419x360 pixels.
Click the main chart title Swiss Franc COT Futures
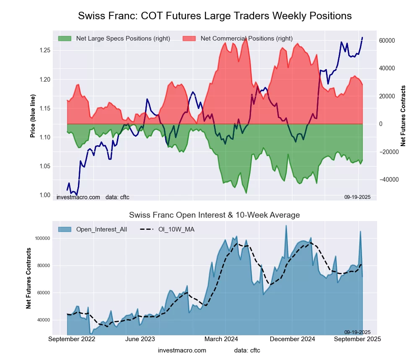(215, 16)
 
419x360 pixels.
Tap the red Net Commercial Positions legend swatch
(189, 39)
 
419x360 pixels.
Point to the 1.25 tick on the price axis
(44, 50)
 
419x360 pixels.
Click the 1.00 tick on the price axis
(44, 195)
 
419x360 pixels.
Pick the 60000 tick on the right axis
(387, 41)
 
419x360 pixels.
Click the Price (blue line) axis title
(33, 116)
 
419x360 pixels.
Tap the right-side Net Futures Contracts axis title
(403, 116)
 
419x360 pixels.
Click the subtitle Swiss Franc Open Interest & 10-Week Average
(214, 215)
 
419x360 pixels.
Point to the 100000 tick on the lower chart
(42, 238)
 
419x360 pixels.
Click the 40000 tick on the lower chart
(44, 320)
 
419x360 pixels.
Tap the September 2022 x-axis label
(72, 339)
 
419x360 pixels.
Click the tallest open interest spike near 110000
(286, 226)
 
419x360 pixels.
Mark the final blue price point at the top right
(362, 38)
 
